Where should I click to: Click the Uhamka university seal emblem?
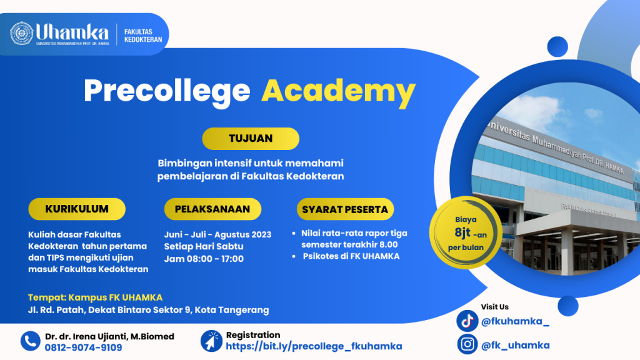pyautogui.click(x=22, y=33)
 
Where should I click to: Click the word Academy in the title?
pyautogui.click(x=338, y=91)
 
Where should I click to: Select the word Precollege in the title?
pyautogui.click(x=167, y=91)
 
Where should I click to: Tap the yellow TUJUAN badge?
pyautogui.click(x=251, y=138)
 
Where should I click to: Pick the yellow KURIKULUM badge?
pyautogui.click(x=77, y=209)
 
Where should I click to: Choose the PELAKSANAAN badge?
pyautogui.click(x=212, y=209)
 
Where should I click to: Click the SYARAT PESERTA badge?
pyautogui.click(x=345, y=209)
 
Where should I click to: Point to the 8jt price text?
pyautogui.click(x=463, y=233)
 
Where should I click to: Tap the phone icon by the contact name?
pyautogui.click(x=30, y=341)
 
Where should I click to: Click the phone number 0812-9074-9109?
pyautogui.click(x=83, y=347)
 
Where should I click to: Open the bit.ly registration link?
pyautogui.click(x=314, y=346)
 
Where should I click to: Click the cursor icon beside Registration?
pyautogui.click(x=211, y=341)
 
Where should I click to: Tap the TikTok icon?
pyautogui.click(x=467, y=321)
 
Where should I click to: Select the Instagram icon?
pyautogui.click(x=467, y=344)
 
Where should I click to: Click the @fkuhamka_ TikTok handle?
pyautogui.click(x=515, y=322)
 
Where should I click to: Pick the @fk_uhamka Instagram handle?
pyautogui.click(x=516, y=345)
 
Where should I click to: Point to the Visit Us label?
pyautogui.click(x=495, y=307)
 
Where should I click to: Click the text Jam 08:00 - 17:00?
pyautogui.click(x=204, y=259)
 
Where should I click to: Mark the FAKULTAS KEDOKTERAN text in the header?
pyautogui.click(x=143, y=36)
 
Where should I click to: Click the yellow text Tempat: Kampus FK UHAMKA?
pyautogui.click(x=95, y=297)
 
